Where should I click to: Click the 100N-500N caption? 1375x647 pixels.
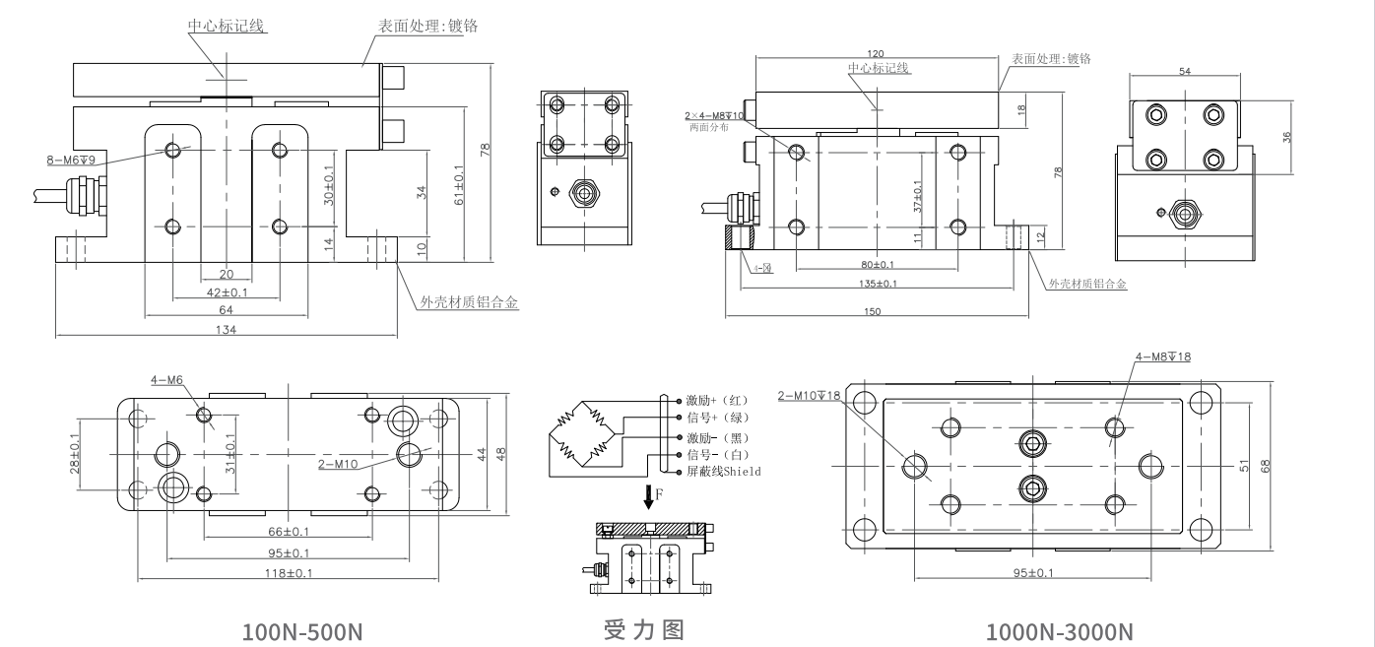[x=302, y=630]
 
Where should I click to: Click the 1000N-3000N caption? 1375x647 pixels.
[x=1060, y=630]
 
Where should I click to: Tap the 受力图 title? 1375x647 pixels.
[x=643, y=629]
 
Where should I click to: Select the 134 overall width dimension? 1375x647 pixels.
[x=225, y=330]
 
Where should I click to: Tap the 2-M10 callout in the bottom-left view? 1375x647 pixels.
[x=338, y=463]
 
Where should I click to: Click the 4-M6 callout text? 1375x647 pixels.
[x=167, y=379]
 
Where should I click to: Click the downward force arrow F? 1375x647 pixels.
[x=648, y=498]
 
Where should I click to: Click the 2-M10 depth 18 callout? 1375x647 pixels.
[x=809, y=396]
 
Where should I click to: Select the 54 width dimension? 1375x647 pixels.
[x=1185, y=72]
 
